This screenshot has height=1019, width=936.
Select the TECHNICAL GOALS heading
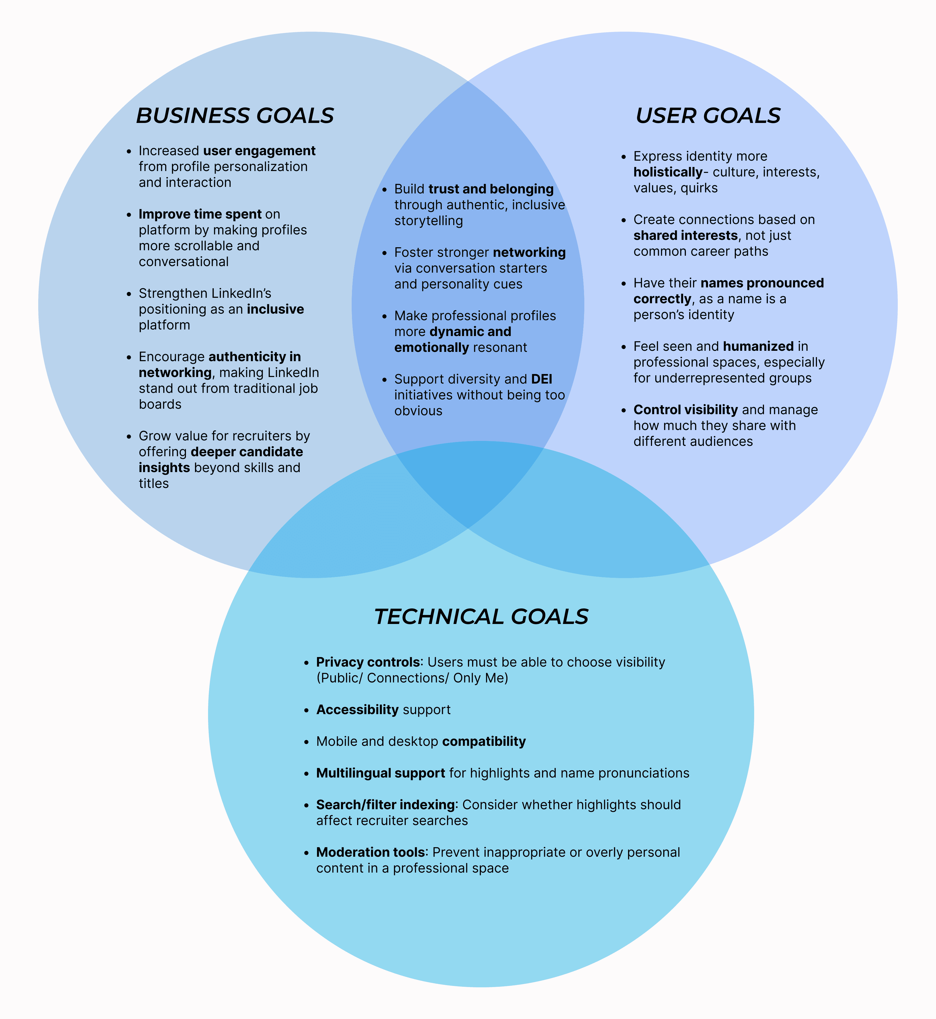(481, 617)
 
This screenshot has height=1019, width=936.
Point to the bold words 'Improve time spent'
(200, 214)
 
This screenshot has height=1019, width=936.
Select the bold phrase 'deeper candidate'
(247, 452)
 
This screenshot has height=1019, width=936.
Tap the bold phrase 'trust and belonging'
(491, 189)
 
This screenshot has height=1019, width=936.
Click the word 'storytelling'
(428, 221)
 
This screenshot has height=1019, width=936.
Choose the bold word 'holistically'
(668, 172)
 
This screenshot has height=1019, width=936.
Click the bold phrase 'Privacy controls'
(368, 662)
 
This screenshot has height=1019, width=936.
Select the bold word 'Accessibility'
(357, 710)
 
